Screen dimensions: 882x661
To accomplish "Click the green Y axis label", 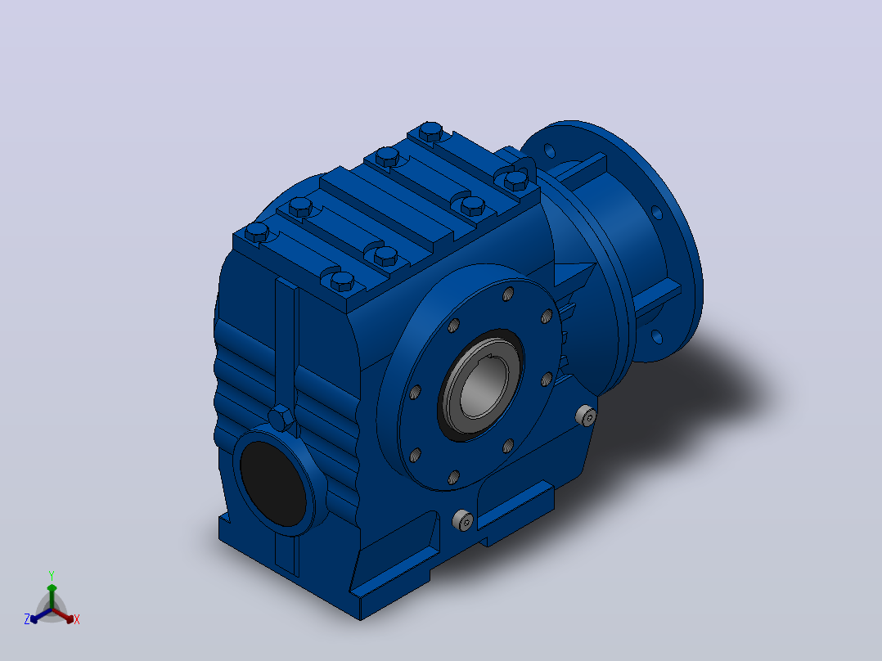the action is click(52, 575).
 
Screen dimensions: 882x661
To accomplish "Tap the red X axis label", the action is click(77, 619).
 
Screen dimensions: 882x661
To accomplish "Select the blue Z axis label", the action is click(27, 618).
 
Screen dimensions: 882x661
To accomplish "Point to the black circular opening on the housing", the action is click(273, 483).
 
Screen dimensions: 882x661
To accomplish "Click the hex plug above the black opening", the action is click(281, 419).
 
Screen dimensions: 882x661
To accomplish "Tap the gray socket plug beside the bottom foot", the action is click(463, 520).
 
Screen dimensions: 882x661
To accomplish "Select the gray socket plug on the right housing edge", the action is click(586, 416).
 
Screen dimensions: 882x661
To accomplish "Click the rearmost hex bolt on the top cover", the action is click(431, 131).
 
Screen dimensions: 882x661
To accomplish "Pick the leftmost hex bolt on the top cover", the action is click(257, 232).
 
